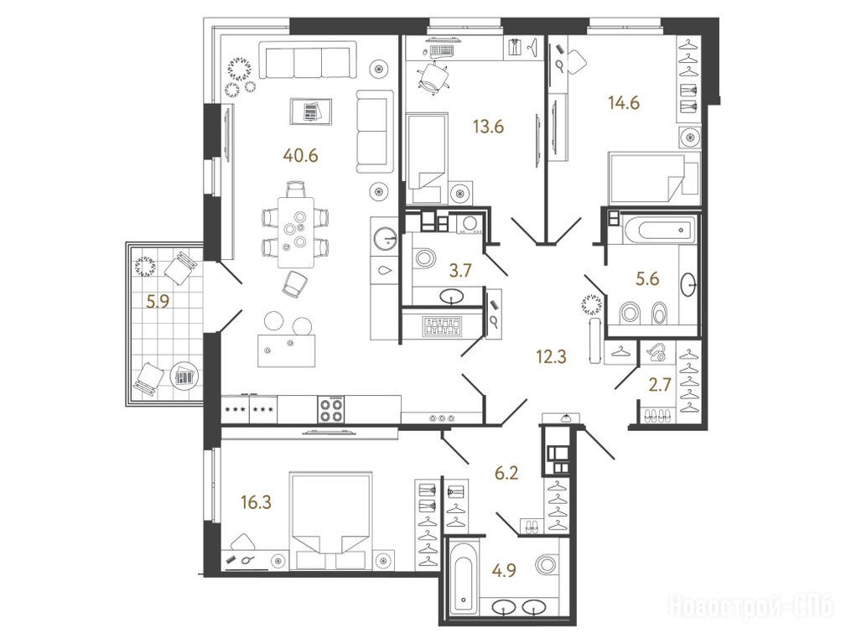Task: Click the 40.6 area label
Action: click(x=300, y=155)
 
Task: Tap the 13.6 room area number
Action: click(x=488, y=127)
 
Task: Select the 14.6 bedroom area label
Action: click(x=624, y=102)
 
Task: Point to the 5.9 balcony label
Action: click(x=158, y=301)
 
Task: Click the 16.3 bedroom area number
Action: click(x=257, y=502)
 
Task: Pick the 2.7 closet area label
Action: click(x=659, y=385)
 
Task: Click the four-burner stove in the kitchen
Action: click(x=330, y=408)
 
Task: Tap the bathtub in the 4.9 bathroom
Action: click(x=463, y=576)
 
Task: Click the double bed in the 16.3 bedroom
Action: click(x=330, y=521)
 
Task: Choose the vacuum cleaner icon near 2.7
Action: click(x=657, y=352)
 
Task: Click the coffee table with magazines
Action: click(x=310, y=112)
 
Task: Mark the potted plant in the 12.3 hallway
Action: click(x=592, y=304)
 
